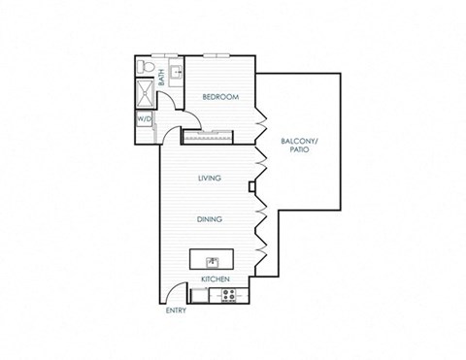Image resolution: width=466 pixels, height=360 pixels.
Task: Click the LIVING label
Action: click(209, 178)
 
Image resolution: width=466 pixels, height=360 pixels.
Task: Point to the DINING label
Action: click(210, 219)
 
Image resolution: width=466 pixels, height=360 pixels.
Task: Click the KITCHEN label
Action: click(215, 279)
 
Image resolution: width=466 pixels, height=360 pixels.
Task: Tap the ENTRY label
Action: click(175, 311)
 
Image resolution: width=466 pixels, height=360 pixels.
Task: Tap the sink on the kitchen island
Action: click(211, 259)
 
